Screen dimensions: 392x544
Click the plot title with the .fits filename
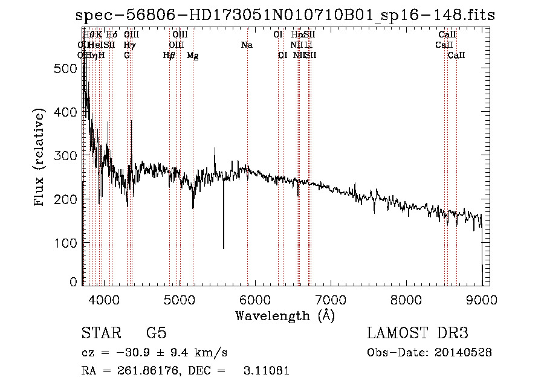(x=285, y=16)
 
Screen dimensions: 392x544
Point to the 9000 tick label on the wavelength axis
(x=482, y=299)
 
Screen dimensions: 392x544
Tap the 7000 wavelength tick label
(x=330, y=299)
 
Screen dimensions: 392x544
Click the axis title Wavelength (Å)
(x=285, y=315)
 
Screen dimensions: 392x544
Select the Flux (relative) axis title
(x=40, y=158)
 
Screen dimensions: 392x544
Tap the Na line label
(x=247, y=45)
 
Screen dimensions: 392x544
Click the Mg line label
(x=193, y=56)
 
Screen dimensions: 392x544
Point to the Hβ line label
(x=169, y=56)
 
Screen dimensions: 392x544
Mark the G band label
(x=127, y=56)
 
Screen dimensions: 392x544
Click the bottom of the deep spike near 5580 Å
(x=224, y=248)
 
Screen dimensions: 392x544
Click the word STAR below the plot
(x=100, y=333)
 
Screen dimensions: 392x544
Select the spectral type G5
(x=156, y=333)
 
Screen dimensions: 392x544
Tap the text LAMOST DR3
(x=418, y=333)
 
